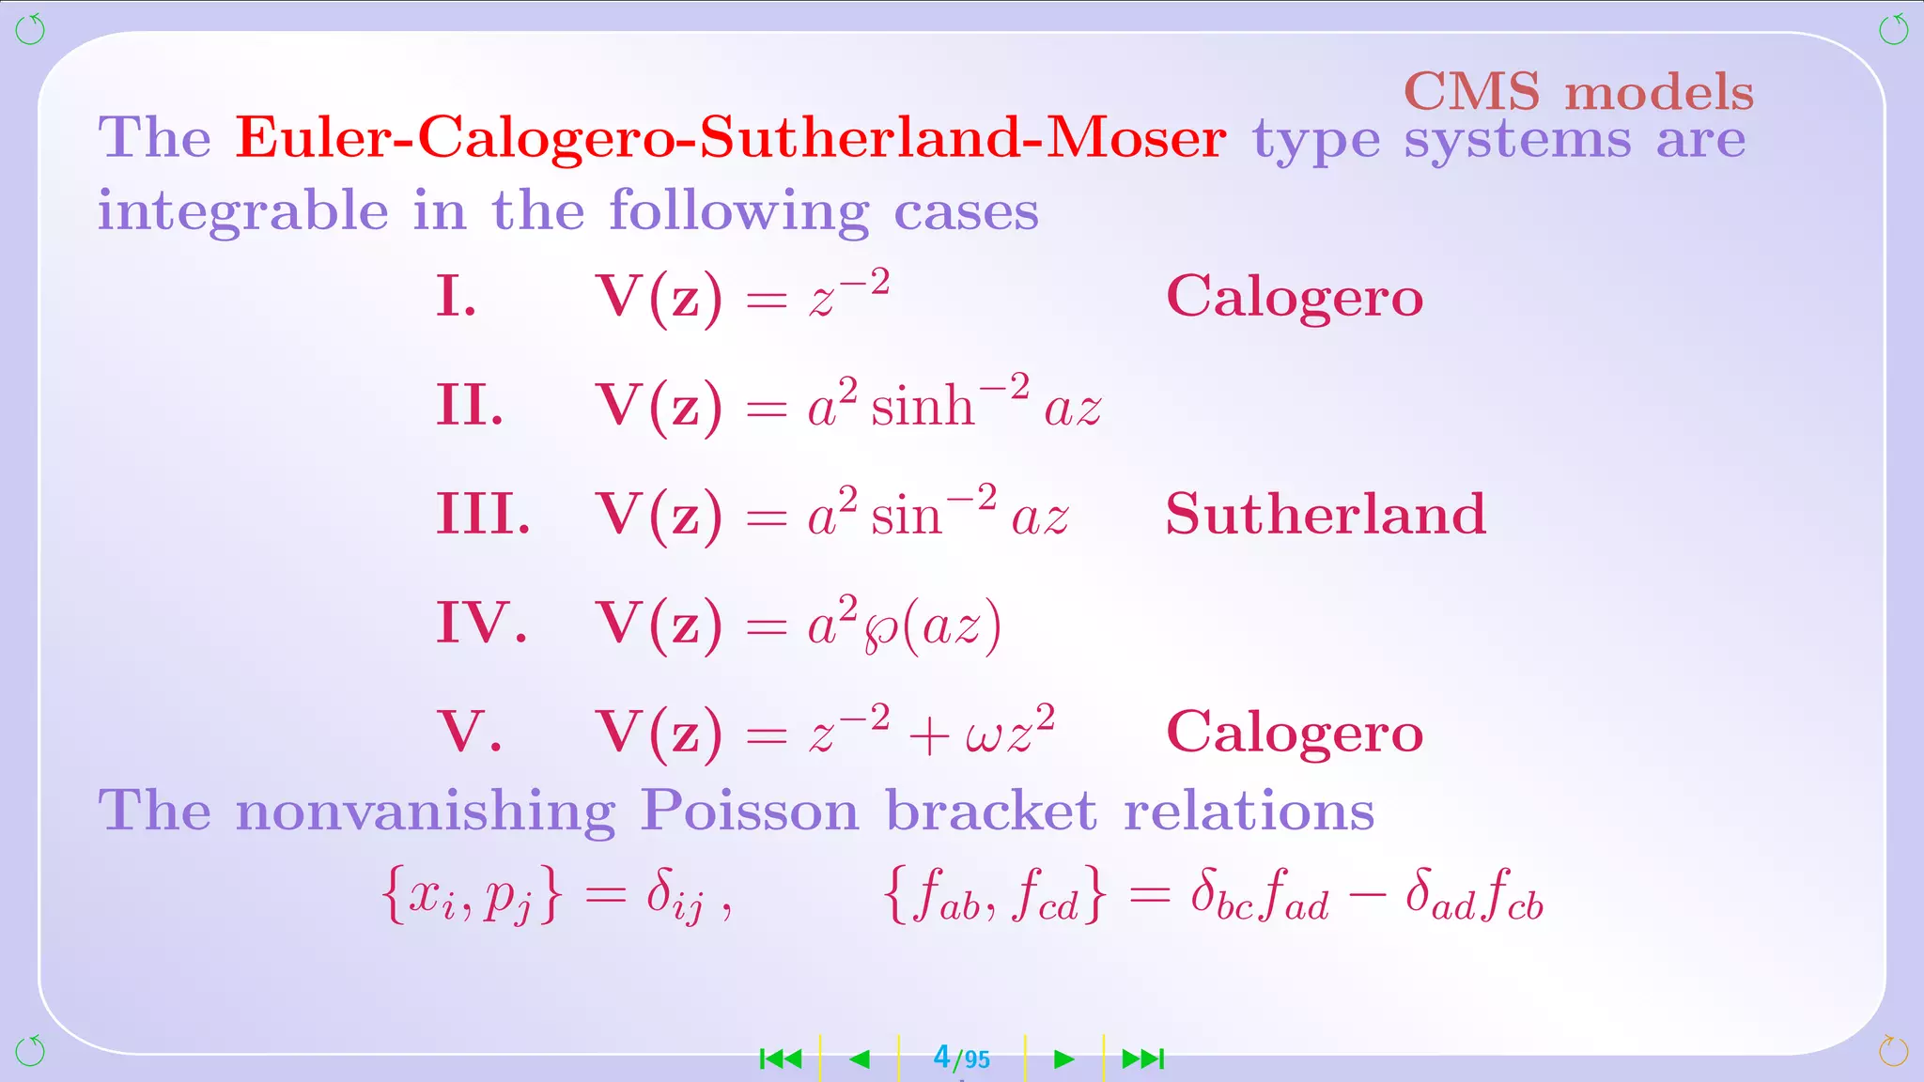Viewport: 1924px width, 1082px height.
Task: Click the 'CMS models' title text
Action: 1578,92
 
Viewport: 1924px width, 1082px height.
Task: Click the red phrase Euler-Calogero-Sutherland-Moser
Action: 730,138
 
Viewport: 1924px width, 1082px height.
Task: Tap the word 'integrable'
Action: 242,210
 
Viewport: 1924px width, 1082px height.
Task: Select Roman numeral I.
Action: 456,297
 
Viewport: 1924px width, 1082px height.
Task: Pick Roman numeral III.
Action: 483,515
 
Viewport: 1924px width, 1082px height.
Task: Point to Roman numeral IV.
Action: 481,623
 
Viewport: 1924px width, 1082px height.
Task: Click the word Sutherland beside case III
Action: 1326,514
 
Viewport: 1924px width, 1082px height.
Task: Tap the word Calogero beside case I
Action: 1295,297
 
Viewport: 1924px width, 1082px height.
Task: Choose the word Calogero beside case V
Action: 1295,732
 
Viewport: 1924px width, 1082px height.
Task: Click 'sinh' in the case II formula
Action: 922,408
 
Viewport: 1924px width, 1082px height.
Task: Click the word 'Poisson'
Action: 749,810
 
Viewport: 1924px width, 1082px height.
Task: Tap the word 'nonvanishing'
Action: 425,811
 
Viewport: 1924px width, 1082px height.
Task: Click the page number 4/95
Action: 961,1059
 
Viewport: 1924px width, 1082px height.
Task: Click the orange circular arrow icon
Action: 1893,1051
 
